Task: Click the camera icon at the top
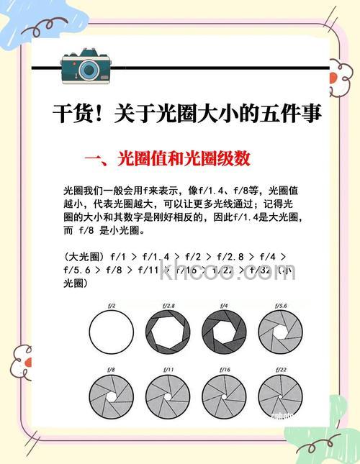pyautogui.click(x=86, y=67)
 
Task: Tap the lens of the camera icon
pyautogui.click(x=89, y=70)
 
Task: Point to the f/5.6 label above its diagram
pyautogui.click(x=281, y=306)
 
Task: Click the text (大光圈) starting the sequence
pyautogui.click(x=86, y=256)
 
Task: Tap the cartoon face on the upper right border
pyautogui.click(x=341, y=74)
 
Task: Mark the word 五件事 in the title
pyautogui.click(x=291, y=115)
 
